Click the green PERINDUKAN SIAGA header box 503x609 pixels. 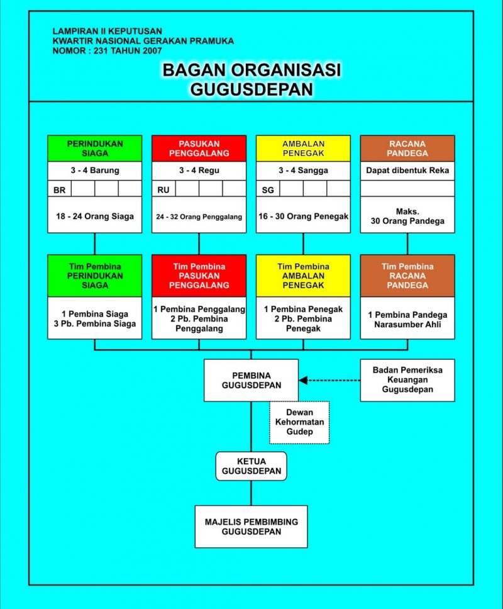click(x=95, y=148)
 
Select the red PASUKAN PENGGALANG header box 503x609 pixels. click(x=199, y=148)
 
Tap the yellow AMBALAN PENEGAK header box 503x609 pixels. click(x=303, y=148)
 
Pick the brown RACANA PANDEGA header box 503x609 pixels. click(x=407, y=148)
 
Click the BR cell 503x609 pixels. click(x=59, y=189)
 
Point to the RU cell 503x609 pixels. click(x=163, y=189)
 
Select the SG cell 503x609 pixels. click(x=268, y=189)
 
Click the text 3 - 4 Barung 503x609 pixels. click(x=95, y=170)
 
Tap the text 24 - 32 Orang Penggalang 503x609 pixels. click(x=199, y=216)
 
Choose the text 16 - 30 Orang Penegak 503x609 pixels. click(x=304, y=216)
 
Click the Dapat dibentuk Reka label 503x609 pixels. click(x=407, y=170)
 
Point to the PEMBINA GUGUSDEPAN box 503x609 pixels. click(x=251, y=380)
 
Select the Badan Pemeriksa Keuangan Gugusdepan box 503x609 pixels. click(x=407, y=380)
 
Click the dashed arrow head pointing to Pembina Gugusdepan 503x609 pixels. click(x=303, y=380)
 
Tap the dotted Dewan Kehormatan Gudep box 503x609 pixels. click(x=300, y=422)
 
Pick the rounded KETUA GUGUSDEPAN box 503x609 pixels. click(x=251, y=466)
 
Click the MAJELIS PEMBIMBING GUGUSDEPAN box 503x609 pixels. click(x=251, y=527)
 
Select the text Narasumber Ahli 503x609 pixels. click(x=407, y=325)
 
